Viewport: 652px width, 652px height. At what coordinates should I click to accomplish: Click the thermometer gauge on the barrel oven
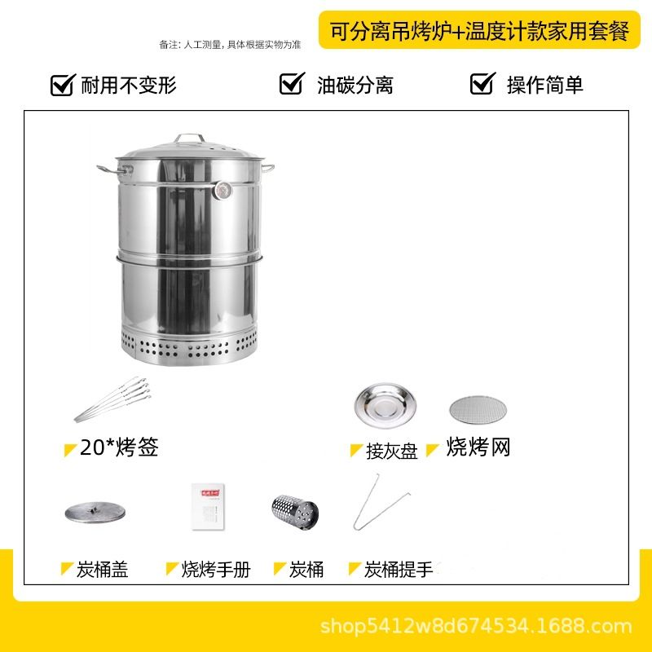222,191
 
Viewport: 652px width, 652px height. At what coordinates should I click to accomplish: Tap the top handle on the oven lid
190,137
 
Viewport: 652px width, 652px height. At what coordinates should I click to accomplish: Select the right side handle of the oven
268,168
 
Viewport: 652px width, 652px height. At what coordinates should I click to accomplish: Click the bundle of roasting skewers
112,399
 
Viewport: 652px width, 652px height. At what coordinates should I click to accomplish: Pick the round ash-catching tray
385,405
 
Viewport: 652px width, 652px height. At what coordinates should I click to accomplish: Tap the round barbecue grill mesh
478,410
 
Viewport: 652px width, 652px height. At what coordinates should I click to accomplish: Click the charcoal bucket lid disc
95,512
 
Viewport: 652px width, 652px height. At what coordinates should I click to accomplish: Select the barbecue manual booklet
208,506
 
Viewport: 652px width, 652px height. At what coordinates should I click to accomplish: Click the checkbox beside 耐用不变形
63,85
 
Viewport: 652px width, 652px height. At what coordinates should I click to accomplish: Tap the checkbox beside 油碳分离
292,83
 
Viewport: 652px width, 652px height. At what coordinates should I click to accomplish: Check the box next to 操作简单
482,83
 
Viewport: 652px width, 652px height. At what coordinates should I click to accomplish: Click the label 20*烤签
119,447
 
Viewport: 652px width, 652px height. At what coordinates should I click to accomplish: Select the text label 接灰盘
392,452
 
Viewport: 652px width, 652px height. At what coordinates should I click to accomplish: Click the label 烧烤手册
216,569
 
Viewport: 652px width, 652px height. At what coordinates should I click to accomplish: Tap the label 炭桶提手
399,569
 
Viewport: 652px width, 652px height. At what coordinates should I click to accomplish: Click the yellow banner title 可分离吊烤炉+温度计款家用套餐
479,31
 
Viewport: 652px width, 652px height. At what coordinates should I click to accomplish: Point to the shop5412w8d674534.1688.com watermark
476,626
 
